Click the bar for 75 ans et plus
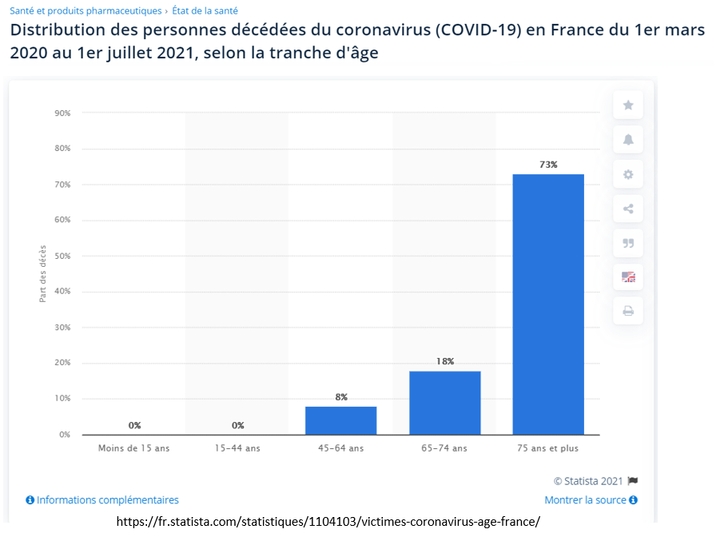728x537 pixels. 548,304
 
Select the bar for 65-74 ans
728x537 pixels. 444,403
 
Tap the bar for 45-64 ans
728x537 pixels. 341,420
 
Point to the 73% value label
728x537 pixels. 548,165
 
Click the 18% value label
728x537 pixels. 445,361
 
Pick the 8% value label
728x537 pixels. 341,397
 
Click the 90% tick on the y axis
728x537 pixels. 62,113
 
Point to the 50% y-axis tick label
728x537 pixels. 62,257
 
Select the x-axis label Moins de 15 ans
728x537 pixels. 134,448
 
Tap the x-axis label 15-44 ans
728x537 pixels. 237,448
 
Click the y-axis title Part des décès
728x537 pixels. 43,273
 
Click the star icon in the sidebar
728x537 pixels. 628,105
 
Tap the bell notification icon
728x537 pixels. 628,140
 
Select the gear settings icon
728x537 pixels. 628,174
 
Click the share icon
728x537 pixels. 628,209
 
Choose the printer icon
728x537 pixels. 628,311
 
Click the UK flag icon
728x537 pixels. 628,276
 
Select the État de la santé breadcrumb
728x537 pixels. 205,11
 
